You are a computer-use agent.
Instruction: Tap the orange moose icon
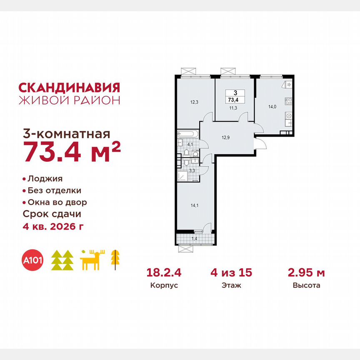tap(92, 260)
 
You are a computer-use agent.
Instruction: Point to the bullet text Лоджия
tap(45, 179)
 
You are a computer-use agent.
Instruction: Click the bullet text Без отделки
tap(54, 190)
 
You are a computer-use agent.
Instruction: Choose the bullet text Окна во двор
tap(57, 202)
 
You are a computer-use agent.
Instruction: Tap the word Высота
tap(306, 286)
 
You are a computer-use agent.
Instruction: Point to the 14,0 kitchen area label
tap(272, 106)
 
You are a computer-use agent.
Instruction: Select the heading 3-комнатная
tap(65, 134)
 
